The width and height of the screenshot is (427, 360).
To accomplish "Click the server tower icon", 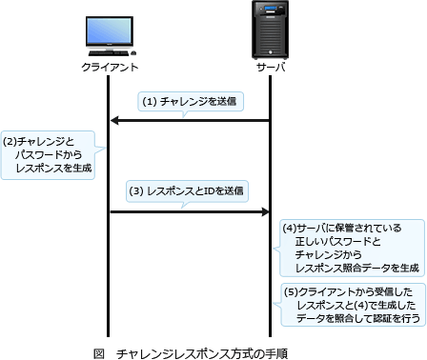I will (271, 31).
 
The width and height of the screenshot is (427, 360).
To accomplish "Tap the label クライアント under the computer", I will (110, 69).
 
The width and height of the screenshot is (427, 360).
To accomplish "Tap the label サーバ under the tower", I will (271, 69).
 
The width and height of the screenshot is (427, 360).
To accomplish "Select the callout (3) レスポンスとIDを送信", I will (188, 190).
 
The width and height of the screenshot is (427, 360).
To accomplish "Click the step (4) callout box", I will (352, 248).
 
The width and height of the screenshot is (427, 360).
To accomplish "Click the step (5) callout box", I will (352, 305).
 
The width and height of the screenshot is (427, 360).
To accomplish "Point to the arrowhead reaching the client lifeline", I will (115, 121).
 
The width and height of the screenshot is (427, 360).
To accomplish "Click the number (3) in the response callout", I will (136, 190).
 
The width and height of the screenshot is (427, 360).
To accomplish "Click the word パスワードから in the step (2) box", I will (50, 154).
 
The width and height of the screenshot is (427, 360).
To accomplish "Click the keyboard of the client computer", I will (110, 55).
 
